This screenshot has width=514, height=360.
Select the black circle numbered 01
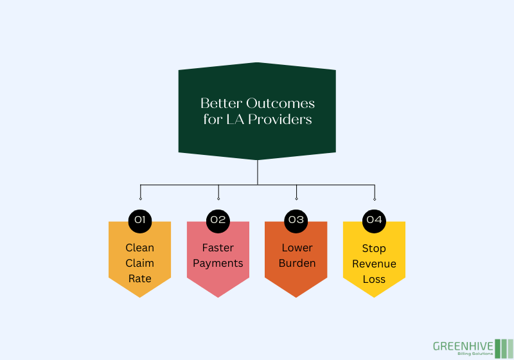pyautogui.click(x=140, y=220)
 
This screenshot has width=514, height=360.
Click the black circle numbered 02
pyautogui.click(x=218, y=220)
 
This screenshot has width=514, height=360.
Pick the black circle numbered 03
pyautogui.click(x=296, y=220)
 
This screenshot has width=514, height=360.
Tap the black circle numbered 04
pyautogui.click(x=374, y=220)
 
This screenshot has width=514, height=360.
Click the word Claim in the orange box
pyautogui.click(x=140, y=263)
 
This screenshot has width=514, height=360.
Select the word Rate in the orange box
pyautogui.click(x=140, y=278)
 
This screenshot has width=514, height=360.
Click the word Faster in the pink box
pyautogui.click(x=218, y=248)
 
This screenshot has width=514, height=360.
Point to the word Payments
pyautogui.click(x=218, y=263)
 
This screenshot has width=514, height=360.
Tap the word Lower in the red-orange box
pyautogui.click(x=296, y=248)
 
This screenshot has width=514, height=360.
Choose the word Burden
pyautogui.click(x=296, y=263)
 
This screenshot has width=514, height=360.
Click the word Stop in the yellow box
pyautogui.click(x=374, y=248)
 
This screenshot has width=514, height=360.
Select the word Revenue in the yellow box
pyautogui.click(x=374, y=263)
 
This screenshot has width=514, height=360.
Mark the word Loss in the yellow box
pyautogui.click(x=374, y=278)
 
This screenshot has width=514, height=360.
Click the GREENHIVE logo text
pyautogui.click(x=463, y=345)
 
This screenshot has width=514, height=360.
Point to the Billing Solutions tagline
pyautogui.click(x=475, y=354)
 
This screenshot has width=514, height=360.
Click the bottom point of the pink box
pyautogui.click(x=218, y=296)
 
